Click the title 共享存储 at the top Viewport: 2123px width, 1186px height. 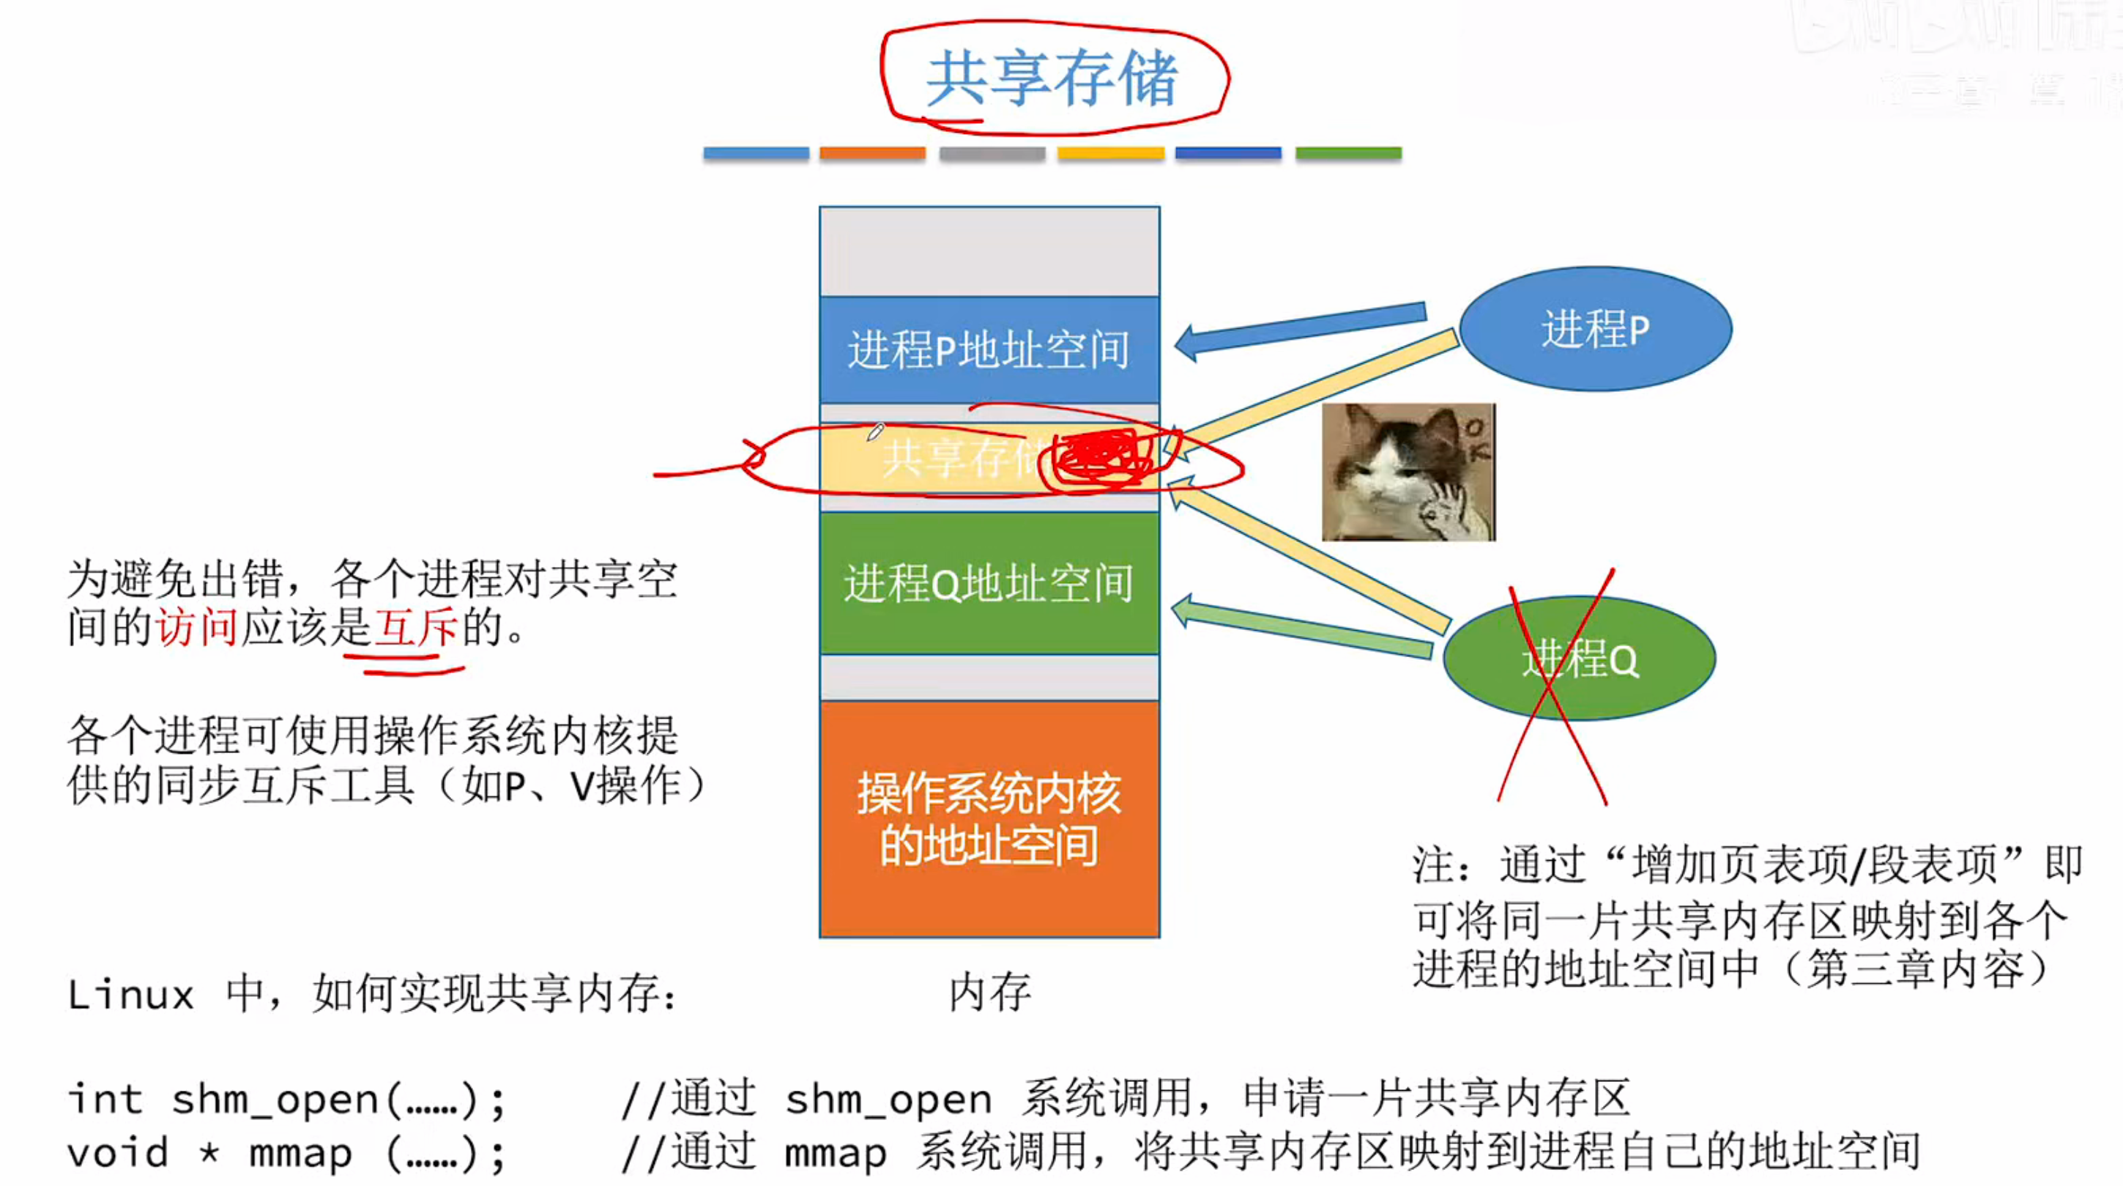(x=1052, y=78)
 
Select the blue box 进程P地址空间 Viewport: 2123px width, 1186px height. (x=989, y=350)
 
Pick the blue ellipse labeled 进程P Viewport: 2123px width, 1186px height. (x=1596, y=329)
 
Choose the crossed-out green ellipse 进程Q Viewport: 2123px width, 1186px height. (x=1579, y=659)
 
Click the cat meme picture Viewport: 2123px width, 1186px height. (x=1408, y=472)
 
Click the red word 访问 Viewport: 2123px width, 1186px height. (x=196, y=628)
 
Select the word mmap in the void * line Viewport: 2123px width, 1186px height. (x=300, y=1153)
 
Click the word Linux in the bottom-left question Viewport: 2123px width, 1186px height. (x=130, y=995)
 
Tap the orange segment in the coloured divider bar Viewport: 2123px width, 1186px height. (x=872, y=153)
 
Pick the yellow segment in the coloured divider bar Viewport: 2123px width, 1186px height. (x=1110, y=153)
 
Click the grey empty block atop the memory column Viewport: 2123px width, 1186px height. (x=989, y=251)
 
